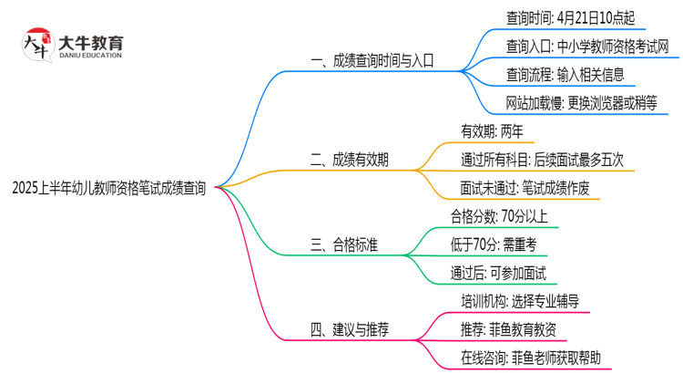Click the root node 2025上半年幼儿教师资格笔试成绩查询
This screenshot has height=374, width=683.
pyautogui.click(x=109, y=188)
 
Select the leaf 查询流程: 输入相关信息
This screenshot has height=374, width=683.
pyautogui.click(x=566, y=74)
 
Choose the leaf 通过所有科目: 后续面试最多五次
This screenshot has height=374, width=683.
pyautogui.click(x=542, y=160)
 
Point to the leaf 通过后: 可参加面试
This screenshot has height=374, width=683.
pyautogui.click(x=497, y=273)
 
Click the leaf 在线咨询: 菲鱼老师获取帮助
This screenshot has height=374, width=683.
pyautogui.click(x=531, y=358)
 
